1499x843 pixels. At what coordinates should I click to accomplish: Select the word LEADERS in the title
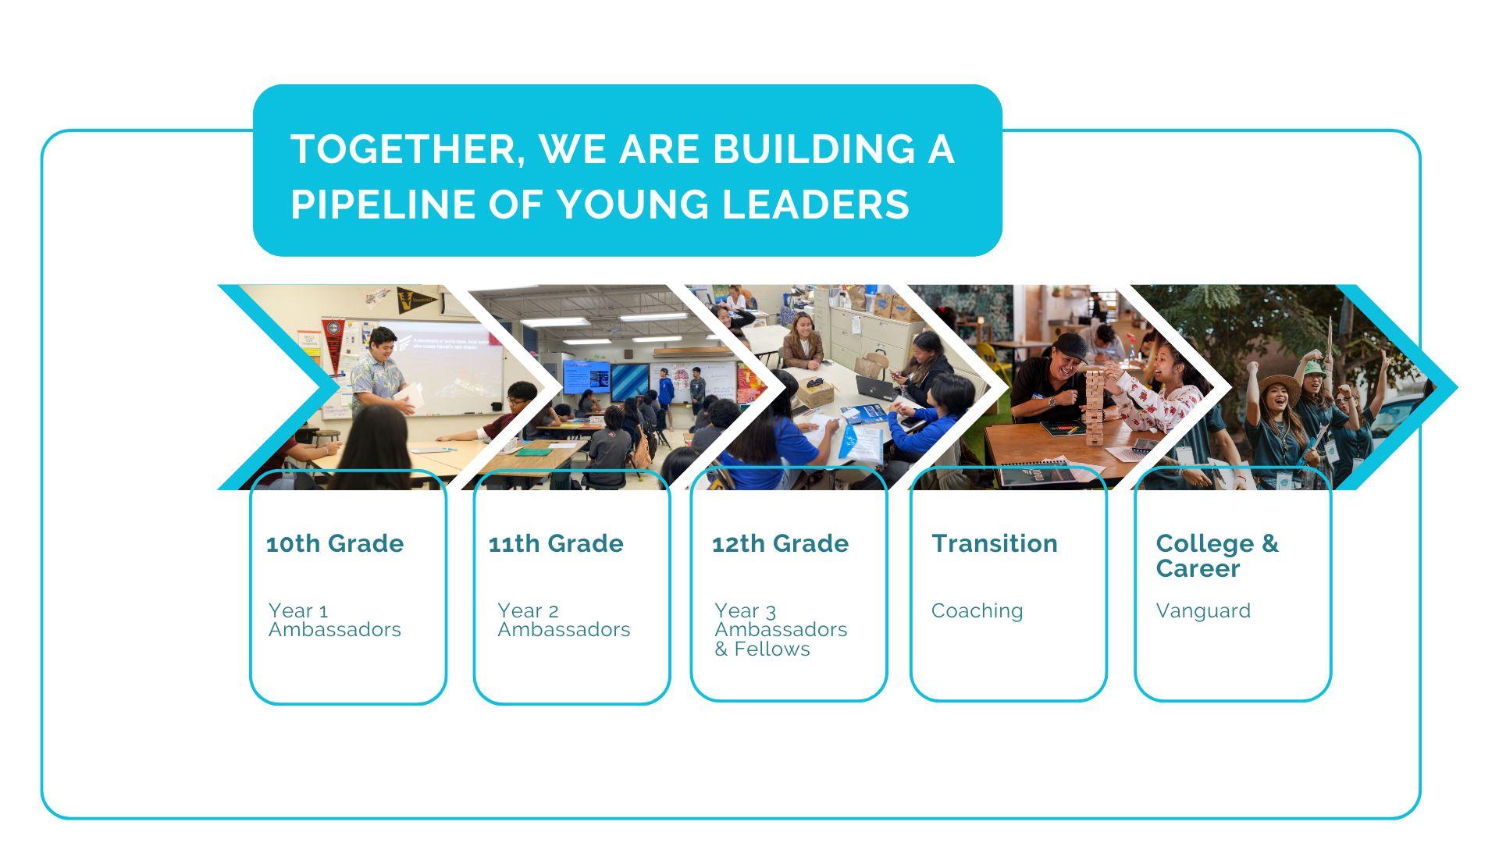point(815,205)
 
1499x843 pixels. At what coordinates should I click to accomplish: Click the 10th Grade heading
point(335,543)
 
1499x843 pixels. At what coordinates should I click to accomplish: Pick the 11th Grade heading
point(556,543)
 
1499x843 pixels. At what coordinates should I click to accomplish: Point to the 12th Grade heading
point(780,543)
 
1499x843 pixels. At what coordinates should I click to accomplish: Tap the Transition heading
point(995,543)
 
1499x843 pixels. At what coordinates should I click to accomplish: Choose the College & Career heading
point(1217,556)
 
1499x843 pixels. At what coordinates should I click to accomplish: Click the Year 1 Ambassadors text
point(334,620)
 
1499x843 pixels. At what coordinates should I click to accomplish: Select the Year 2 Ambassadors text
point(564,620)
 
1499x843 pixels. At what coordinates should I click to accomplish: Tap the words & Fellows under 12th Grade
point(762,649)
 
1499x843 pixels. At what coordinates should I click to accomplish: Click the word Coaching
point(977,610)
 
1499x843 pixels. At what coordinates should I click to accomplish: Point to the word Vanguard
point(1203,610)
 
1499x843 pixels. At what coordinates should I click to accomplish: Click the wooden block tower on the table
point(1095,406)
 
